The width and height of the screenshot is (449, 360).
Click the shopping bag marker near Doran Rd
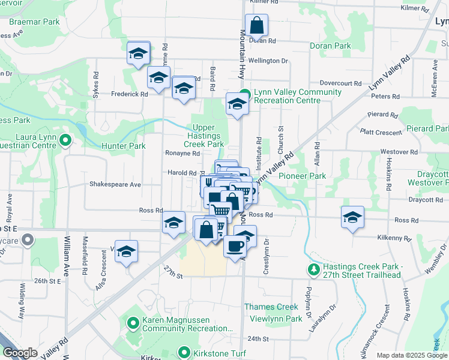(x=256, y=26)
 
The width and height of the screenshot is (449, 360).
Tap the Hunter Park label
(x=123, y=146)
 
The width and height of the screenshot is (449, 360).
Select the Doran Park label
(x=330, y=46)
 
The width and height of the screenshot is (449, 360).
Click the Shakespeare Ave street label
(x=115, y=185)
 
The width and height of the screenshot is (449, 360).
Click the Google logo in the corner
(x=20, y=353)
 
